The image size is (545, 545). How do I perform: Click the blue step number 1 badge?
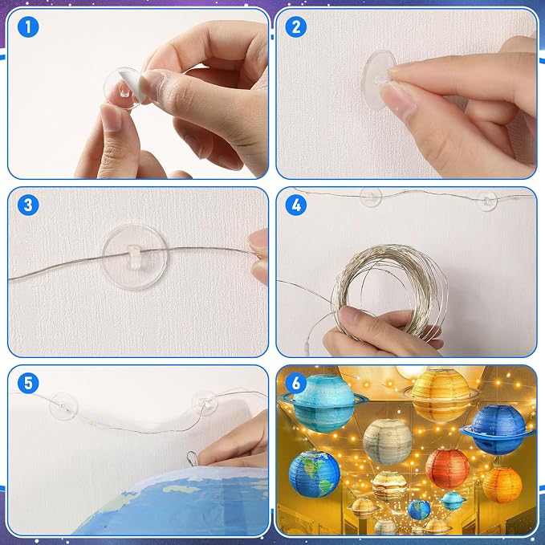click(x=28, y=27)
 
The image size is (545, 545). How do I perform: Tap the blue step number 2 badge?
click(x=296, y=27)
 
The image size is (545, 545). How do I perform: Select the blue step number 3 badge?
click(x=28, y=205)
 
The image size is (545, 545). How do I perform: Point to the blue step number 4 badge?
click(x=296, y=205)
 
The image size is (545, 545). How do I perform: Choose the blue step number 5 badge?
click(x=28, y=383)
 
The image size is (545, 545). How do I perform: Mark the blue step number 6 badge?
click(x=296, y=383)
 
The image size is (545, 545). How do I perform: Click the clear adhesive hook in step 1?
click(x=124, y=88)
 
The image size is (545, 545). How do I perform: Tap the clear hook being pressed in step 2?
click(x=378, y=80)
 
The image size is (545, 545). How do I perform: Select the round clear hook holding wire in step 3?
click(x=134, y=257)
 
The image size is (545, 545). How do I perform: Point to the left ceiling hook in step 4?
click(x=371, y=197)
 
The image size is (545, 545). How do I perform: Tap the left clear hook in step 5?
click(x=63, y=406)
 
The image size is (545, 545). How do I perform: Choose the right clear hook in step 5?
click(x=205, y=403)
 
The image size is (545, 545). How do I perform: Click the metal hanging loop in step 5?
click(x=192, y=458)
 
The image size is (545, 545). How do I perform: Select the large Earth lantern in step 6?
click(x=314, y=474)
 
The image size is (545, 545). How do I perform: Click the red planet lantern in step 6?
click(x=447, y=469)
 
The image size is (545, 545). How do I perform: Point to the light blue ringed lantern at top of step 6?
click(x=324, y=403)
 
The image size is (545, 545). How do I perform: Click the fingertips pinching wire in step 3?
click(x=258, y=257)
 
